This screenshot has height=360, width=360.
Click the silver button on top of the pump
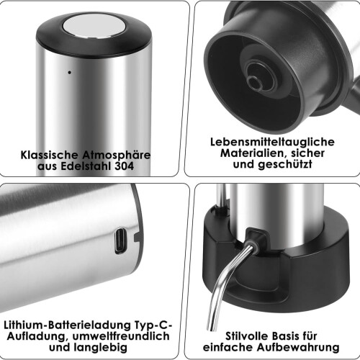[94, 26]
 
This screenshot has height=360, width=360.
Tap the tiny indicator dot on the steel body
[70, 72]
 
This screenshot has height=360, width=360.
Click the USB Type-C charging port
[120, 240]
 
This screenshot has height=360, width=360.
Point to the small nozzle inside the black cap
[255, 82]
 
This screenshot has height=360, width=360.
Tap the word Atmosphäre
[117, 155]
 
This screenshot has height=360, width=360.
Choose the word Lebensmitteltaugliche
[272, 142]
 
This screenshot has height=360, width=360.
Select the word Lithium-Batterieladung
[68, 325]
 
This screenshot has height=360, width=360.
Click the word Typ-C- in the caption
[153, 325]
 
